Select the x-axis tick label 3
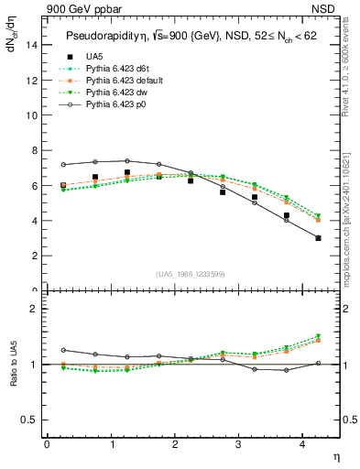tap(239, 445)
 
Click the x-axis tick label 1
tap(111, 445)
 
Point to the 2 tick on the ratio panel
tap(36, 309)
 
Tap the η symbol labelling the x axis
tap(335, 455)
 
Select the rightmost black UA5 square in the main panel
tap(318, 238)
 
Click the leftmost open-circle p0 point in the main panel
tap(62, 165)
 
